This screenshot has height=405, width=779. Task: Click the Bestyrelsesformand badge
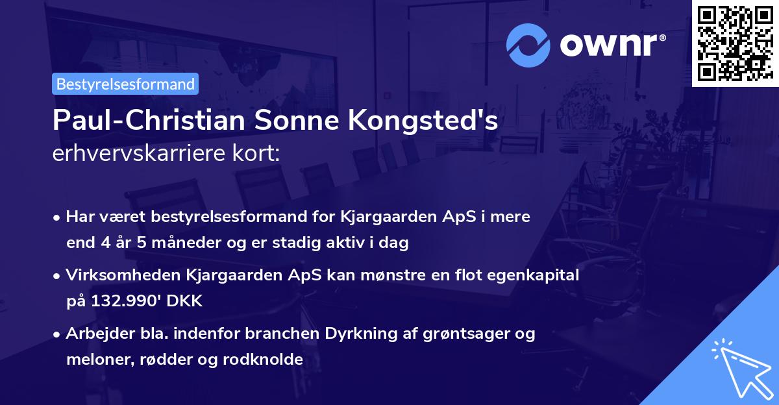(125, 84)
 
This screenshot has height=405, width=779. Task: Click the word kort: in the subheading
(258, 153)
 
